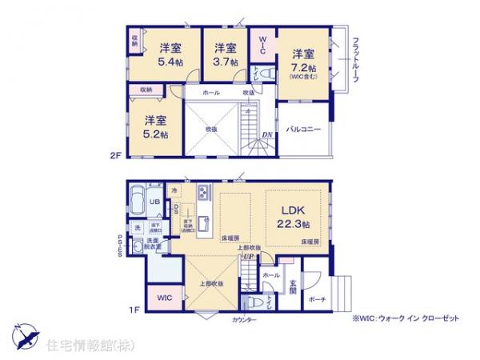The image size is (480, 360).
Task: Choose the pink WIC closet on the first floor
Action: point(165,298)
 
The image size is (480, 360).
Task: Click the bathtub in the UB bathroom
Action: point(135,199)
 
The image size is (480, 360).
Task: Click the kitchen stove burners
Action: point(202,194)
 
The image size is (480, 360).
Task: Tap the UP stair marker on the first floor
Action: point(248,258)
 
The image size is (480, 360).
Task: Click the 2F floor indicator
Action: point(114,158)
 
